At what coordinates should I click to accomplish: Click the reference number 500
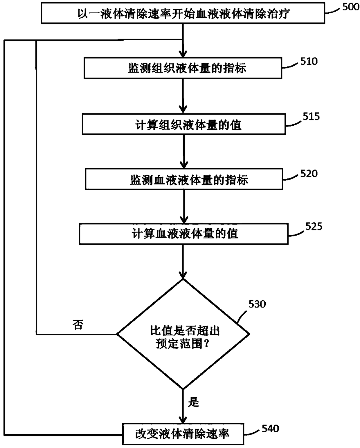pos(351,7)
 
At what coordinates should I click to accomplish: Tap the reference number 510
pos(309,62)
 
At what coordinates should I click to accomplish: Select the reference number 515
pos(311,116)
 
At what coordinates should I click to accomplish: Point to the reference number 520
pos(309,174)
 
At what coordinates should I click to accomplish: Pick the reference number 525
pos(314,226)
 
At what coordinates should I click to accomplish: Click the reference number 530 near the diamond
pos(257,304)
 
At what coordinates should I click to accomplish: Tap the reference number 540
pos(270,429)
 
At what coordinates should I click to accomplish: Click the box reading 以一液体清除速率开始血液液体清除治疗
pos(183,13)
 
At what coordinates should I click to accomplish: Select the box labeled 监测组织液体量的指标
pos(183,68)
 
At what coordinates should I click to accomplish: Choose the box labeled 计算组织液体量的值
pos(184,124)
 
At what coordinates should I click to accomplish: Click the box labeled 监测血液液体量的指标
pos(184,179)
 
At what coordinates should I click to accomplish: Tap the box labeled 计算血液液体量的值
pos(184,234)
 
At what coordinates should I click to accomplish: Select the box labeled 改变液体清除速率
pos(183,434)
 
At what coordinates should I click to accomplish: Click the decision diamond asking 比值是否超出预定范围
pos(183,334)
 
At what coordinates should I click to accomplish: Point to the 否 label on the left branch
pos(78,324)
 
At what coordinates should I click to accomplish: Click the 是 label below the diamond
pos(193,402)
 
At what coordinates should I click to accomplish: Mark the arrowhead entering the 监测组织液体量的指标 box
pos(183,54)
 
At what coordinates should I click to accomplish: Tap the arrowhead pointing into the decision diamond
pos(183,275)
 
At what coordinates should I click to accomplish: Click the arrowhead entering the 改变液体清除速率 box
pos(183,420)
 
